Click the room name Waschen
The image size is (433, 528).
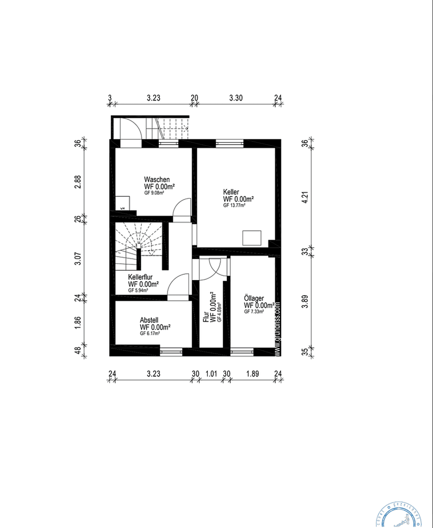(x=157, y=179)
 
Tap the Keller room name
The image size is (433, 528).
(x=231, y=192)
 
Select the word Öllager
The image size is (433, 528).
(x=254, y=298)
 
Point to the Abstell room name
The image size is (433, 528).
(x=149, y=321)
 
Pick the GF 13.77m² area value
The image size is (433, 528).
(x=234, y=206)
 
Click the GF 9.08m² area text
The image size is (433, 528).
(x=154, y=193)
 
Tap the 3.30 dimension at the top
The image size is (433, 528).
(x=236, y=98)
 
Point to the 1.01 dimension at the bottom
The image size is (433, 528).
(x=211, y=374)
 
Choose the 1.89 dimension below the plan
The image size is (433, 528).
(x=252, y=374)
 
